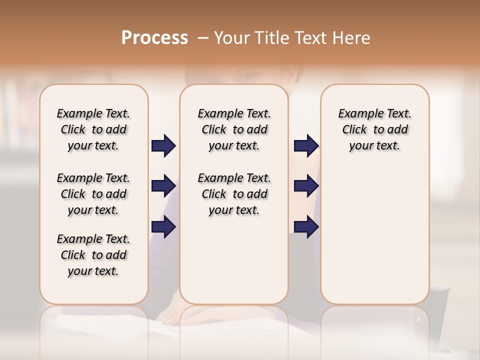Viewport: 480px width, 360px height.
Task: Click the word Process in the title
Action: point(154,38)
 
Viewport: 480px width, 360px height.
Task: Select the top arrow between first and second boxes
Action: point(163,146)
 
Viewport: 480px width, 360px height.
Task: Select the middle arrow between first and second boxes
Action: point(163,186)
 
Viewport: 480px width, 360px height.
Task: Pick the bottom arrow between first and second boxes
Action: point(163,226)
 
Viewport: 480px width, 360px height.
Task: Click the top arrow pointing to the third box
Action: point(306,146)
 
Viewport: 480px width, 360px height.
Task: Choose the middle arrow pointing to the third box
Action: point(306,186)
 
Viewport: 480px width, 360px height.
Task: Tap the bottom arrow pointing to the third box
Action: point(306,226)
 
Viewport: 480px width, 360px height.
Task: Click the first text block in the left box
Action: point(93,129)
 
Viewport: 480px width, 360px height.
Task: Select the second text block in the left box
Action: point(93,194)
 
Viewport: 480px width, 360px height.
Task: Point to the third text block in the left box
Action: point(93,255)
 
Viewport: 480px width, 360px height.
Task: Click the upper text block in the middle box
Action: point(234,129)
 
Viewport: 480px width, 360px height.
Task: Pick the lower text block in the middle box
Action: point(234,194)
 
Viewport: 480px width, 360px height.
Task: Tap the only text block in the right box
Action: point(374,129)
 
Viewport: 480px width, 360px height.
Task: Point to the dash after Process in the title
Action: point(202,38)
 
